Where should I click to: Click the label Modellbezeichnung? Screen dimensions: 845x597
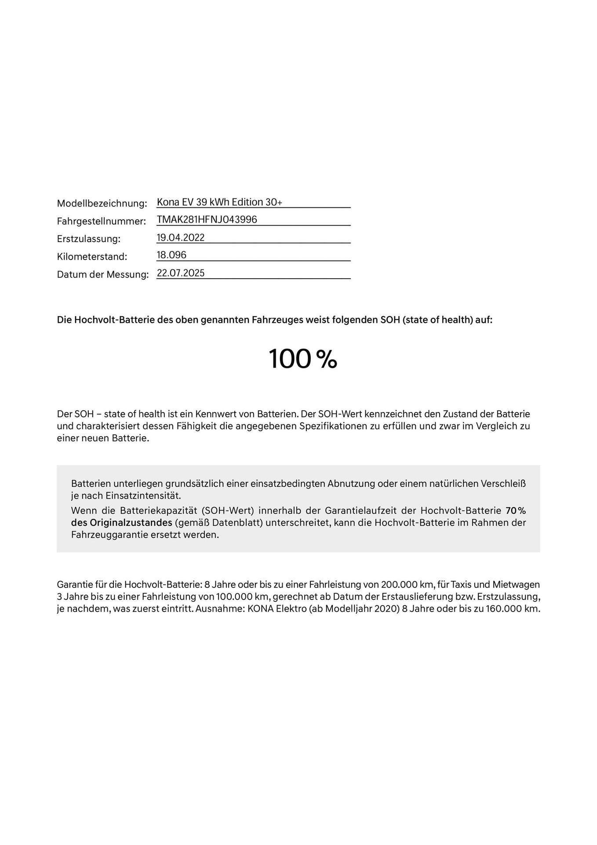coord(102,203)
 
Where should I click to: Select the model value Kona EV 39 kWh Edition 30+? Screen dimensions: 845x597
coord(219,202)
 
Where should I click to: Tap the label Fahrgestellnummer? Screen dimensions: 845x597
coord(101,221)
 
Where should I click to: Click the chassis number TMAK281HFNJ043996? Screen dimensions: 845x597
coord(207,220)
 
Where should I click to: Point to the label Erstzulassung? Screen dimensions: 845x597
coord(88,239)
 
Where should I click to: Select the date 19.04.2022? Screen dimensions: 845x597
coord(181,238)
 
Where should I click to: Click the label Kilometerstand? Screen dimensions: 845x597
coord(92,256)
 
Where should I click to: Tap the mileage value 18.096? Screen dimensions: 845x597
coord(171,255)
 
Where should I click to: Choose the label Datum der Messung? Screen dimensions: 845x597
coord(103,274)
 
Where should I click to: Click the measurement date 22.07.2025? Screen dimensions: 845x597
coord(181,273)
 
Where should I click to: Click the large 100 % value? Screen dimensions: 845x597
coord(302,359)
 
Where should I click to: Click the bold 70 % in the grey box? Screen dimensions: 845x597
coord(515,511)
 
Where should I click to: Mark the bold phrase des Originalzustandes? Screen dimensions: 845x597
coord(121,523)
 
